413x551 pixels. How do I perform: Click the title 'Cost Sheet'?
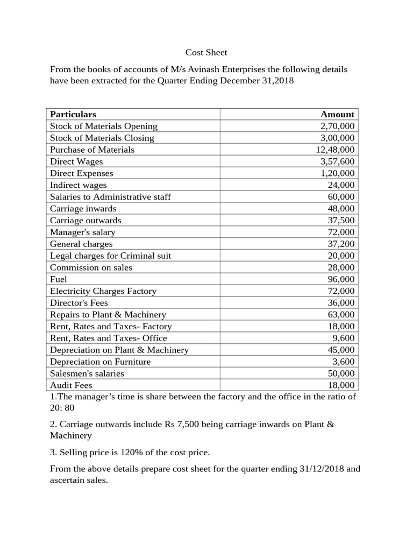[x=206, y=52]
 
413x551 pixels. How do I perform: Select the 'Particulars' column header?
[x=73, y=114]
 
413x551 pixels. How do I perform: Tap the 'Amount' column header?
[x=337, y=114]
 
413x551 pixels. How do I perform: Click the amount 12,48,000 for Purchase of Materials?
[x=335, y=150]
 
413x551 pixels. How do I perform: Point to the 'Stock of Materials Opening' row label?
[x=104, y=126]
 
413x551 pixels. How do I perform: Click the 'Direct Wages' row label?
[x=76, y=161]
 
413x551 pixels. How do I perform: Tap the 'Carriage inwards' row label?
[x=83, y=208]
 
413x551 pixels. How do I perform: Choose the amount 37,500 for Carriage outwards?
[x=341, y=220]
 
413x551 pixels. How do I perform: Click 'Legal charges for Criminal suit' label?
[x=111, y=256]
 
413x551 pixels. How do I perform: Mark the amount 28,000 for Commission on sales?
[x=341, y=267]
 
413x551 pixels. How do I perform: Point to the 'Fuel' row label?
[x=59, y=279]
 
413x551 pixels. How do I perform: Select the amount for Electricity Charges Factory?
[x=341, y=291]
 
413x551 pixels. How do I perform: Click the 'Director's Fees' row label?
[x=79, y=302]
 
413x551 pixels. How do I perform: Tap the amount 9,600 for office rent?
[x=344, y=338]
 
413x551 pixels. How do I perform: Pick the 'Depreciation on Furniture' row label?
[x=100, y=362]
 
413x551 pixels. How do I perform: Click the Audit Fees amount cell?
[x=341, y=385]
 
